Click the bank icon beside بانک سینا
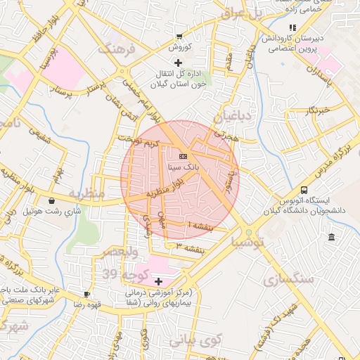coord(183,155)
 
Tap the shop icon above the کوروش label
coord(180,36)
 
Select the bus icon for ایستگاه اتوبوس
coord(304,190)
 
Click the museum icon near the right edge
coord(331,237)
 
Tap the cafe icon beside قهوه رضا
coord(86,295)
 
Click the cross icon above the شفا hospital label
coord(158,281)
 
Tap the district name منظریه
coord(86,193)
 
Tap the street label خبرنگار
coord(319,110)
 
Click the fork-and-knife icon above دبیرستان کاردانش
coord(292,28)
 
